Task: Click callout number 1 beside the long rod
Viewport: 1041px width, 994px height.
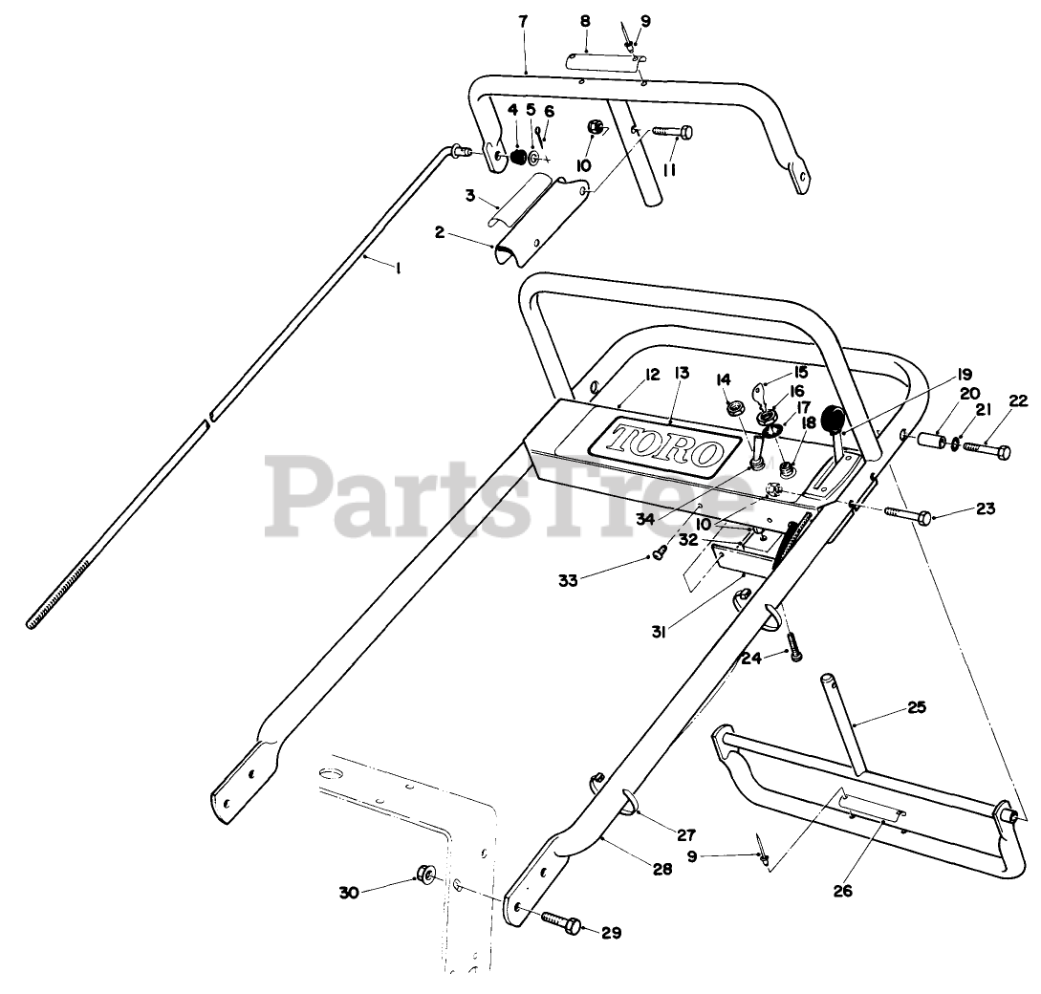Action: tap(397, 270)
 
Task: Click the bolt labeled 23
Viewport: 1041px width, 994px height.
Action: tap(910, 515)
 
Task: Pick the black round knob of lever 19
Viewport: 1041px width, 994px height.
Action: tap(833, 418)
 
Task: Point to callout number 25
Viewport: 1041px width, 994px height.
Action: tap(917, 707)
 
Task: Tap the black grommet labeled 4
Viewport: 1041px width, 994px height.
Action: tap(516, 156)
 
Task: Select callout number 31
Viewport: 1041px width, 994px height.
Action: tap(660, 629)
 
